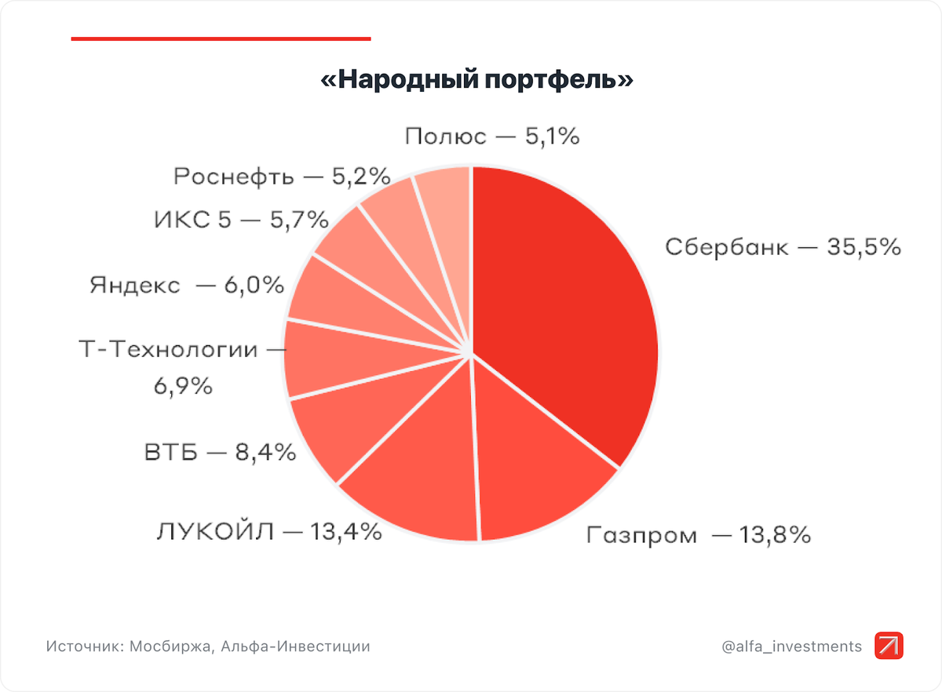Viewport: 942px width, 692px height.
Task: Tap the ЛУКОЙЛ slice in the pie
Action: point(416,479)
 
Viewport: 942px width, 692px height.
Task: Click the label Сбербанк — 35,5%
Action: point(782,247)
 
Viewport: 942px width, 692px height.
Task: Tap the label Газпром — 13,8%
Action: point(698,536)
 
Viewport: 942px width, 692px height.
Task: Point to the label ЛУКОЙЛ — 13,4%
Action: point(269,532)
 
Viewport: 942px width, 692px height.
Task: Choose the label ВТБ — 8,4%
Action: point(220,453)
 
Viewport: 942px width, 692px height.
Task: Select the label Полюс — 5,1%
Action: point(492,137)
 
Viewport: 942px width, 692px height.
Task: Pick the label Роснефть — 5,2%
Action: point(282,177)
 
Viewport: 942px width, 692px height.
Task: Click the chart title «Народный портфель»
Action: point(477,81)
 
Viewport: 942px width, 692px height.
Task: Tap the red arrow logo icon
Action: point(889,646)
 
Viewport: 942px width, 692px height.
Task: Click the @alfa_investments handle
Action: point(791,646)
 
